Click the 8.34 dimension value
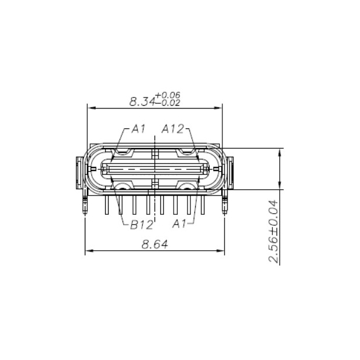pyautogui.click(x=141, y=101)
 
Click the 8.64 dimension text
pyautogui.click(x=155, y=244)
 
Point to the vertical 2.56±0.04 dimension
pyautogui.click(x=273, y=231)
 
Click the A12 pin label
pyautogui.click(x=174, y=128)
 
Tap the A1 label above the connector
pyautogui.click(x=138, y=128)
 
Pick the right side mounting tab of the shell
pyautogui.click(x=229, y=172)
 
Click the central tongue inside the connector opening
pyautogui.click(x=155, y=170)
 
